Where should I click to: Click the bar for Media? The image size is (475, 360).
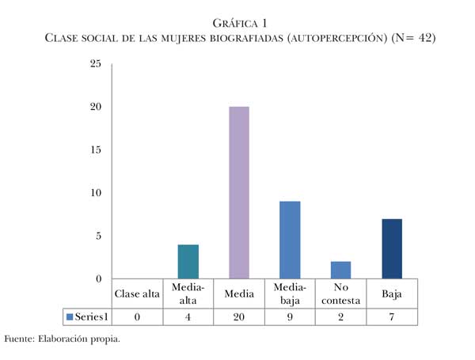(238, 192)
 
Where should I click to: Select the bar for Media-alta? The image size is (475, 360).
(188, 261)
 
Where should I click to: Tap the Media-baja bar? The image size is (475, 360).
(289, 240)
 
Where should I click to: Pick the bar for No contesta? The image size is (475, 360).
(340, 270)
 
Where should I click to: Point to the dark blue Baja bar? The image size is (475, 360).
(391, 248)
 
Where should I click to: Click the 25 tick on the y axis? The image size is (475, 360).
(95, 64)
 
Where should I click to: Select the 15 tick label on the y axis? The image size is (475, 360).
(95, 150)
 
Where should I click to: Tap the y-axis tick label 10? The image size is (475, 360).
(95, 192)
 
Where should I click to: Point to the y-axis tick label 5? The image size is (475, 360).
(97, 236)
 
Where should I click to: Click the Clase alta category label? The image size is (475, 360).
(137, 294)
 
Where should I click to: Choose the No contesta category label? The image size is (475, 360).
(340, 294)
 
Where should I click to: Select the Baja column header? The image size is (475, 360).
(391, 294)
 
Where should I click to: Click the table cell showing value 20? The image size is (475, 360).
(238, 316)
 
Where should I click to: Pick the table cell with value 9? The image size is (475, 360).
(289, 316)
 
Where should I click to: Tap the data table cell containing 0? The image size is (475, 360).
(137, 316)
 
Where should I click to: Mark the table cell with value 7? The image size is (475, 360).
(391, 316)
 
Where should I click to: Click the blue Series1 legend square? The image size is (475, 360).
(70, 316)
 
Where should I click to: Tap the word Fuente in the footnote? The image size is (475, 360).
(19, 339)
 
